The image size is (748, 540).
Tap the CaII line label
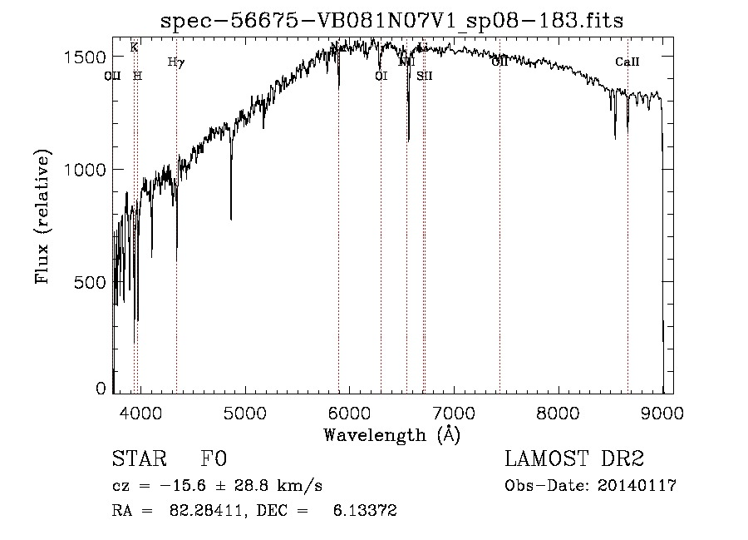pyautogui.click(x=627, y=62)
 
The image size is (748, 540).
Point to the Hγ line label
pyautogui.click(x=175, y=62)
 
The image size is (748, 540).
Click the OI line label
pyautogui.click(x=381, y=76)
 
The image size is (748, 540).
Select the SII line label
pyautogui.click(x=425, y=76)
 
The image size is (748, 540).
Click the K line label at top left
pyautogui.click(x=134, y=47)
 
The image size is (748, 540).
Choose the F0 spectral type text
pyautogui.click(x=214, y=459)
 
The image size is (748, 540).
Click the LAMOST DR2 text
pyautogui.click(x=574, y=459)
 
